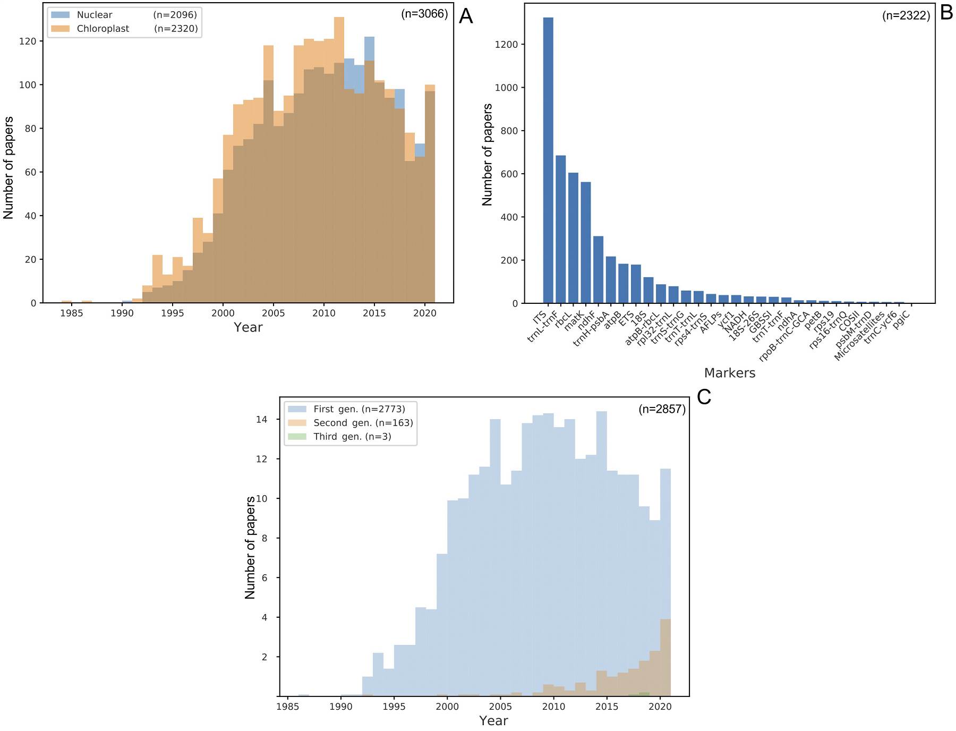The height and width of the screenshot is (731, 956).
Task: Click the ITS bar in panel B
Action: (548, 160)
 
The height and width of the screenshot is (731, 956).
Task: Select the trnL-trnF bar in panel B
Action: (560, 229)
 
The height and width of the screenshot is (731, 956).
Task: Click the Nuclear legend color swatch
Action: (60, 15)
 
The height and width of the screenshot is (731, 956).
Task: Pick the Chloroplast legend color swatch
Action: (60, 29)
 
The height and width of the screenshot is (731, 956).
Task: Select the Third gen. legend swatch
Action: (297, 437)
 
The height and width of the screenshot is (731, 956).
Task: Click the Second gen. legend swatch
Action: (297, 423)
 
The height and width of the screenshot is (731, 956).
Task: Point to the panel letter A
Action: (465, 16)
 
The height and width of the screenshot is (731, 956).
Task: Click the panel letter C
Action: (704, 397)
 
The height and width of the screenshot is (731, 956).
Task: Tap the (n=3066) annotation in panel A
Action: (424, 14)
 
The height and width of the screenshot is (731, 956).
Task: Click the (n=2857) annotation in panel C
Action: (662, 409)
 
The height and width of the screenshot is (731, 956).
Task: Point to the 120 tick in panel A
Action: (28, 41)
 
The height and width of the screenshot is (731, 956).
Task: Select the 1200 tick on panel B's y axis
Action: (506, 45)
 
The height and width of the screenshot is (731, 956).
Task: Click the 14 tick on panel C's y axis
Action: (261, 420)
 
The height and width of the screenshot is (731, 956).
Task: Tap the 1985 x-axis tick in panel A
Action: (71, 313)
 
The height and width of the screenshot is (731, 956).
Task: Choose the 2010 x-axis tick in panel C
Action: (553, 707)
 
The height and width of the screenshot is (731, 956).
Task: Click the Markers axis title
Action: (729, 373)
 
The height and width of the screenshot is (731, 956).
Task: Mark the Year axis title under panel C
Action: (493, 721)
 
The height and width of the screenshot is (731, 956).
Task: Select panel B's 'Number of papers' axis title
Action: (487, 155)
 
